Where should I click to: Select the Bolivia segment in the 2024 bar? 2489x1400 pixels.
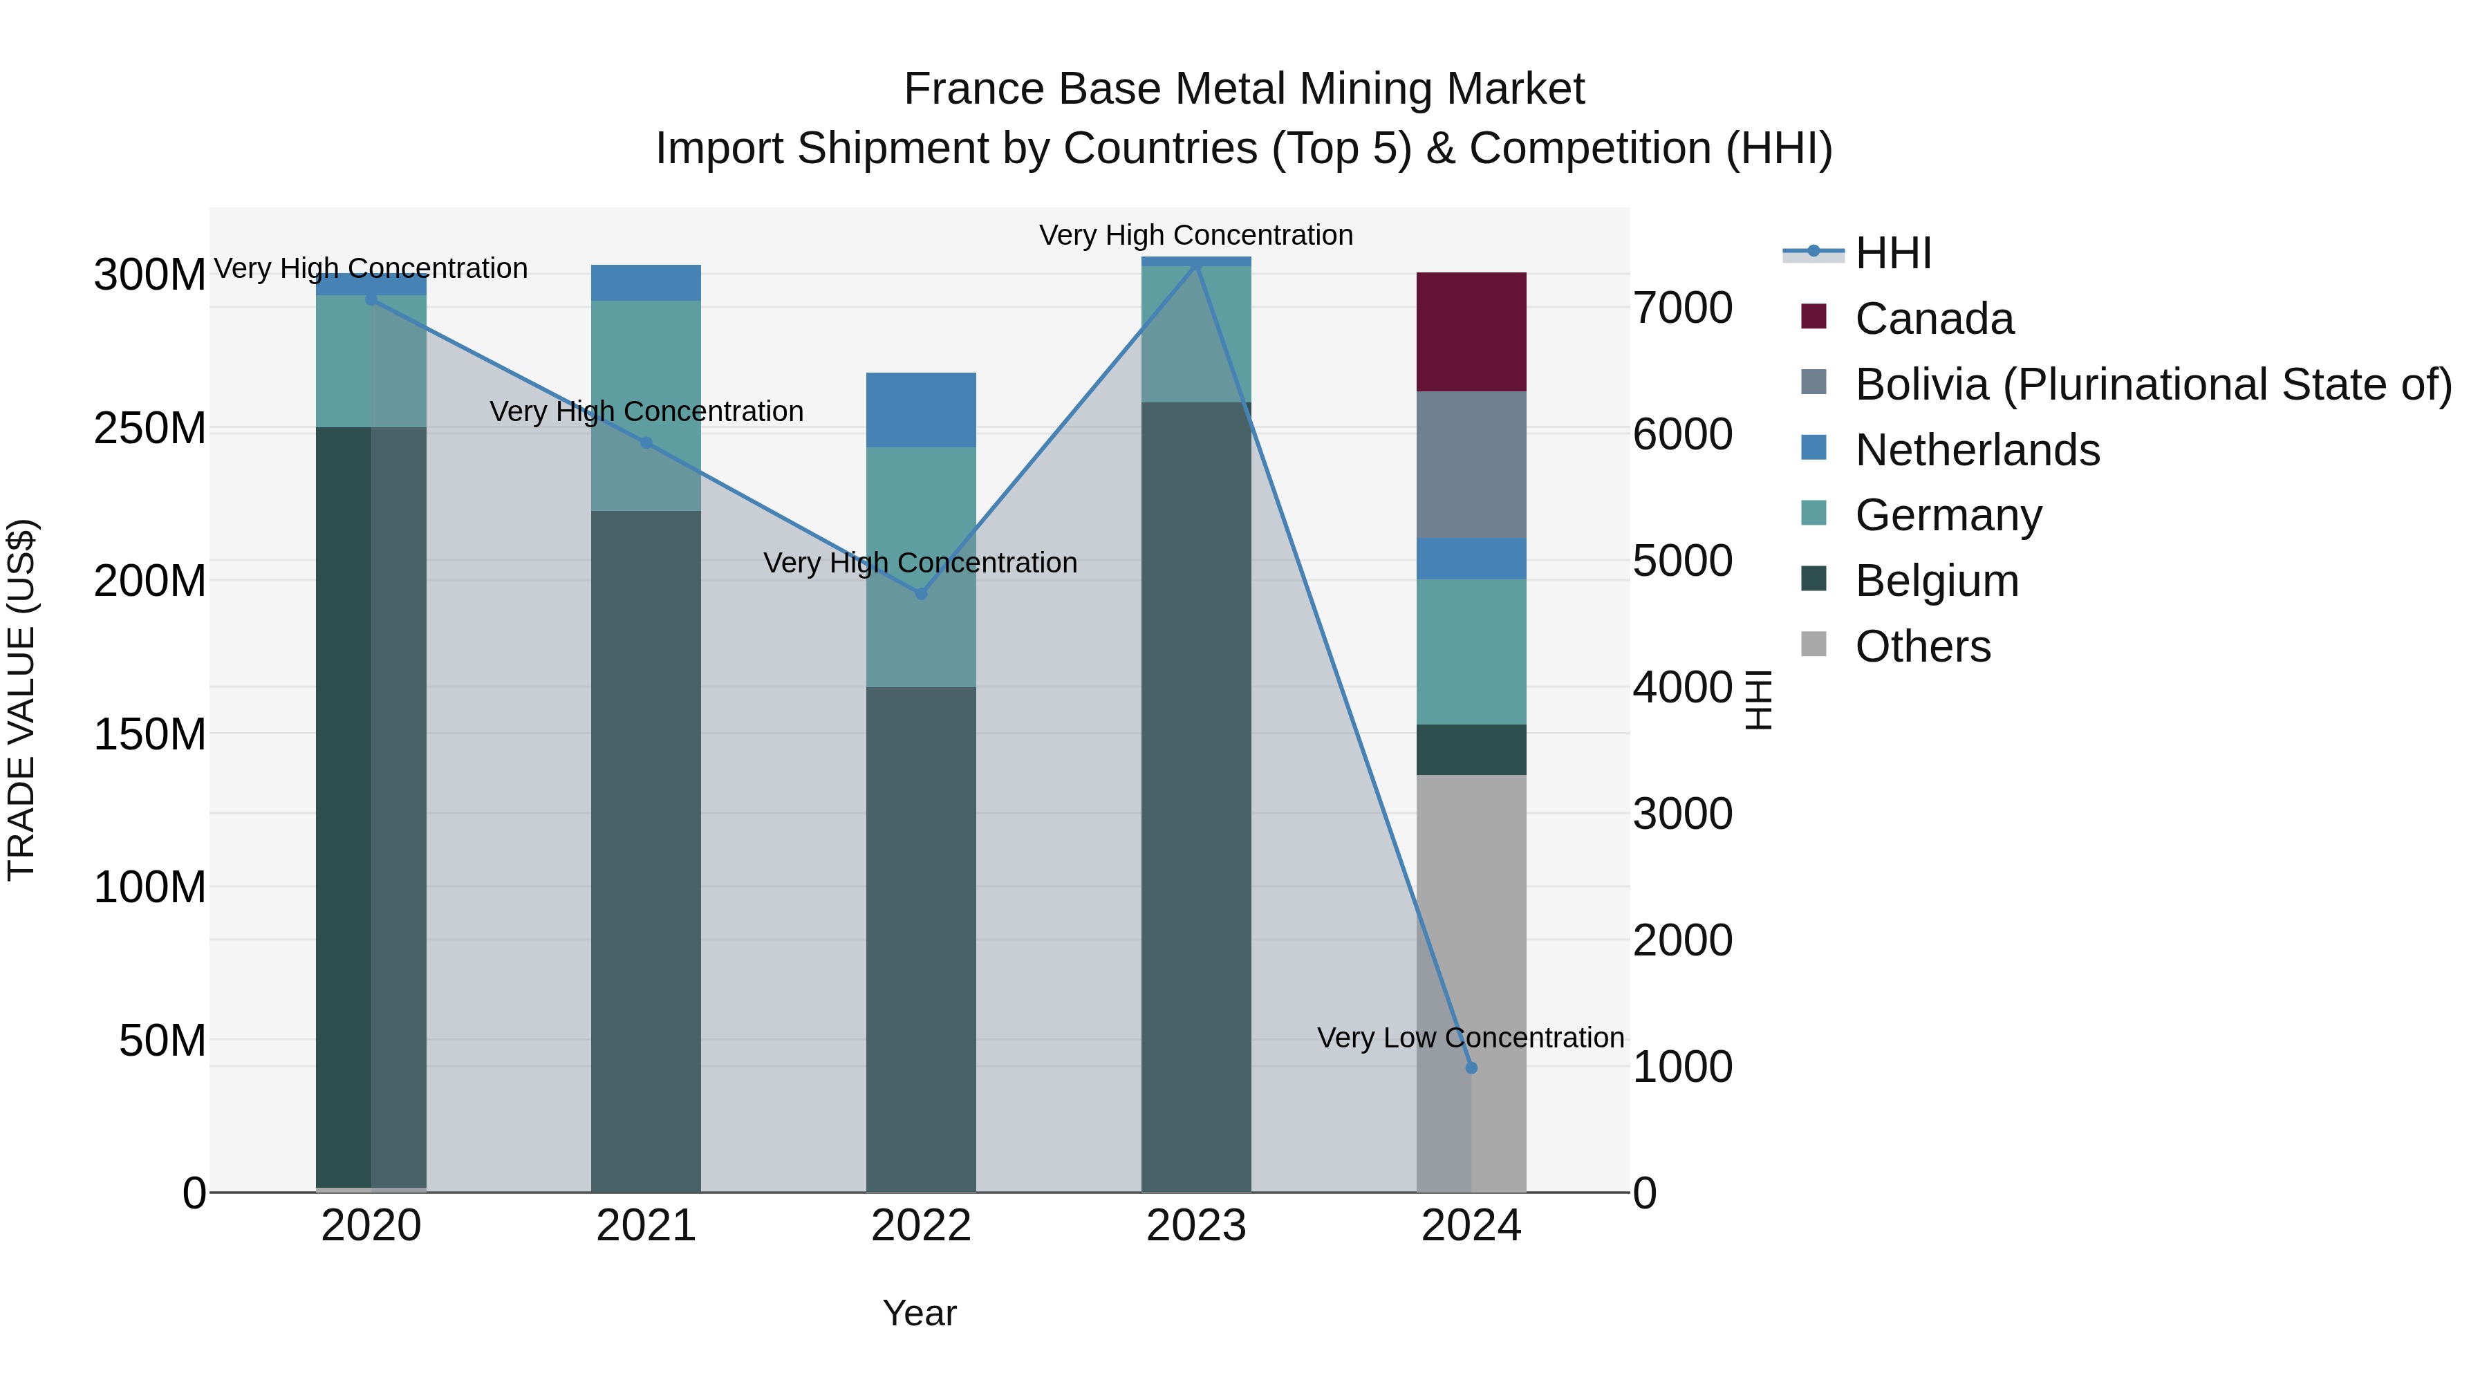pyautogui.click(x=1471, y=464)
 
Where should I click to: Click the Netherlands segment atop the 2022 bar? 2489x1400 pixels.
pyautogui.click(x=921, y=410)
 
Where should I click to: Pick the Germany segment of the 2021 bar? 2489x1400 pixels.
pyautogui.click(x=646, y=367)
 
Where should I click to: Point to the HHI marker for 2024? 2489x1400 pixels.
pyautogui.click(x=1471, y=1067)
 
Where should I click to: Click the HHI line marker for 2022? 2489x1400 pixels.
pyautogui.click(x=921, y=594)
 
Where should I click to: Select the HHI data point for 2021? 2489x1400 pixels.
pyautogui.click(x=646, y=442)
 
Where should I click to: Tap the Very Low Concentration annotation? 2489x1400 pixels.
pyautogui.click(x=1470, y=1038)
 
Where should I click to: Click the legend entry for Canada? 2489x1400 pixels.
pyautogui.click(x=1933, y=319)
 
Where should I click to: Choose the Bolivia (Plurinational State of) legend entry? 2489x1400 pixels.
pyautogui.click(x=2153, y=384)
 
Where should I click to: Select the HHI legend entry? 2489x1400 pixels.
pyautogui.click(x=1892, y=253)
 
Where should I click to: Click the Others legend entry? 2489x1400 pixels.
pyautogui.click(x=1922, y=646)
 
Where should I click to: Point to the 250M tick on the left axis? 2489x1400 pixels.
pyautogui.click(x=150, y=428)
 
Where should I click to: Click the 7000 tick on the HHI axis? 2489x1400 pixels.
pyautogui.click(x=1682, y=308)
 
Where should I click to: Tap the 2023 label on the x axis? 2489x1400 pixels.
pyautogui.click(x=1196, y=1226)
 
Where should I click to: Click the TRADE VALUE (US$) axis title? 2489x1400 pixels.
pyautogui.click(x=21, y=700)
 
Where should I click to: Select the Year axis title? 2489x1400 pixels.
pyautogui.click(x=919, y=1313)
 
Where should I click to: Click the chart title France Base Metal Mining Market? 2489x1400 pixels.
pyautogui.click(x=1244, y=89)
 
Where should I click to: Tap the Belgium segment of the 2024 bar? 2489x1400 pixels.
pyautogui.click(x=1471, y=749)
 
